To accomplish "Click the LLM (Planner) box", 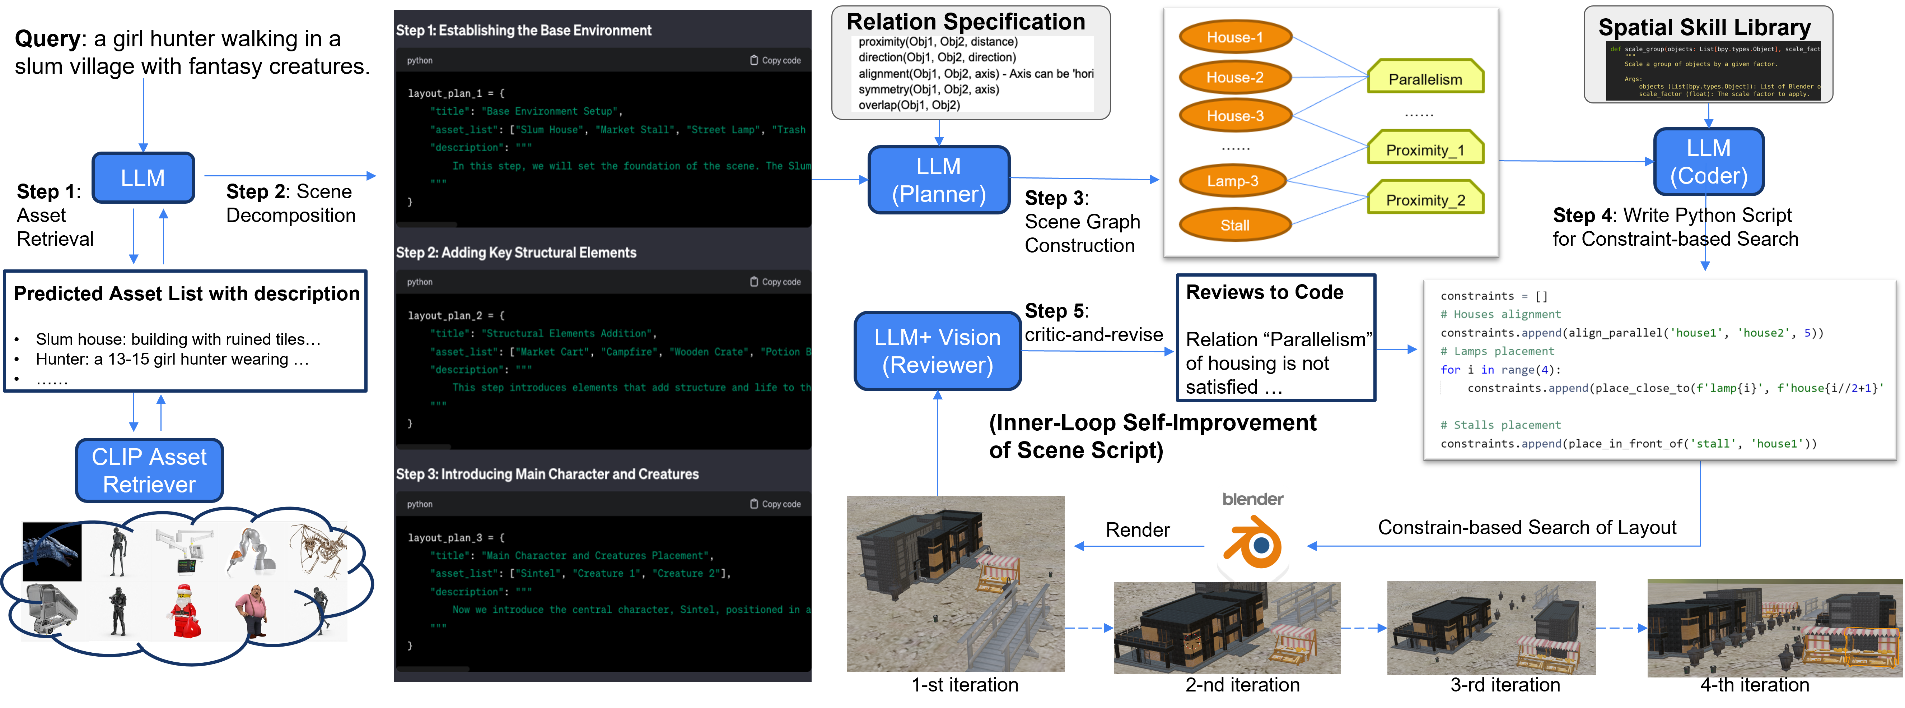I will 938,180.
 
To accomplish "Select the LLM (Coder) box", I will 1708,162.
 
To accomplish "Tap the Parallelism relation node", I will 1425,78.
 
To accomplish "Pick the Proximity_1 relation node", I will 1425,149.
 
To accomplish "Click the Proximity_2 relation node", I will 1425,200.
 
